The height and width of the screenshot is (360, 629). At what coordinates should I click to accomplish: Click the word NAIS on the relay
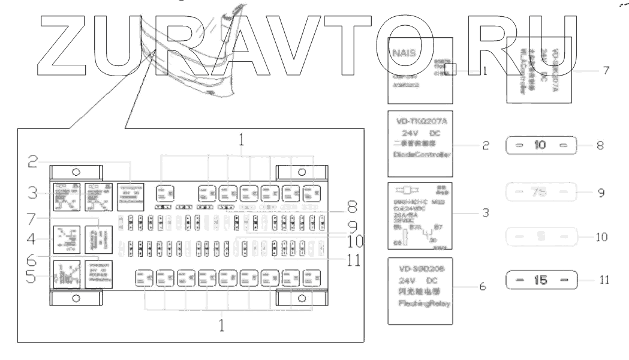403,52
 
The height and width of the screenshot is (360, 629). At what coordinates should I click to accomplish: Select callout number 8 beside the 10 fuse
600,145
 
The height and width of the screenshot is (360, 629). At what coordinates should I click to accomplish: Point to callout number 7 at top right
606,70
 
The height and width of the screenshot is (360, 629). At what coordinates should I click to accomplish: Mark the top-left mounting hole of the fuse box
75,172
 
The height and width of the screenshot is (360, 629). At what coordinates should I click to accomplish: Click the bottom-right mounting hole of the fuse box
302,297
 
